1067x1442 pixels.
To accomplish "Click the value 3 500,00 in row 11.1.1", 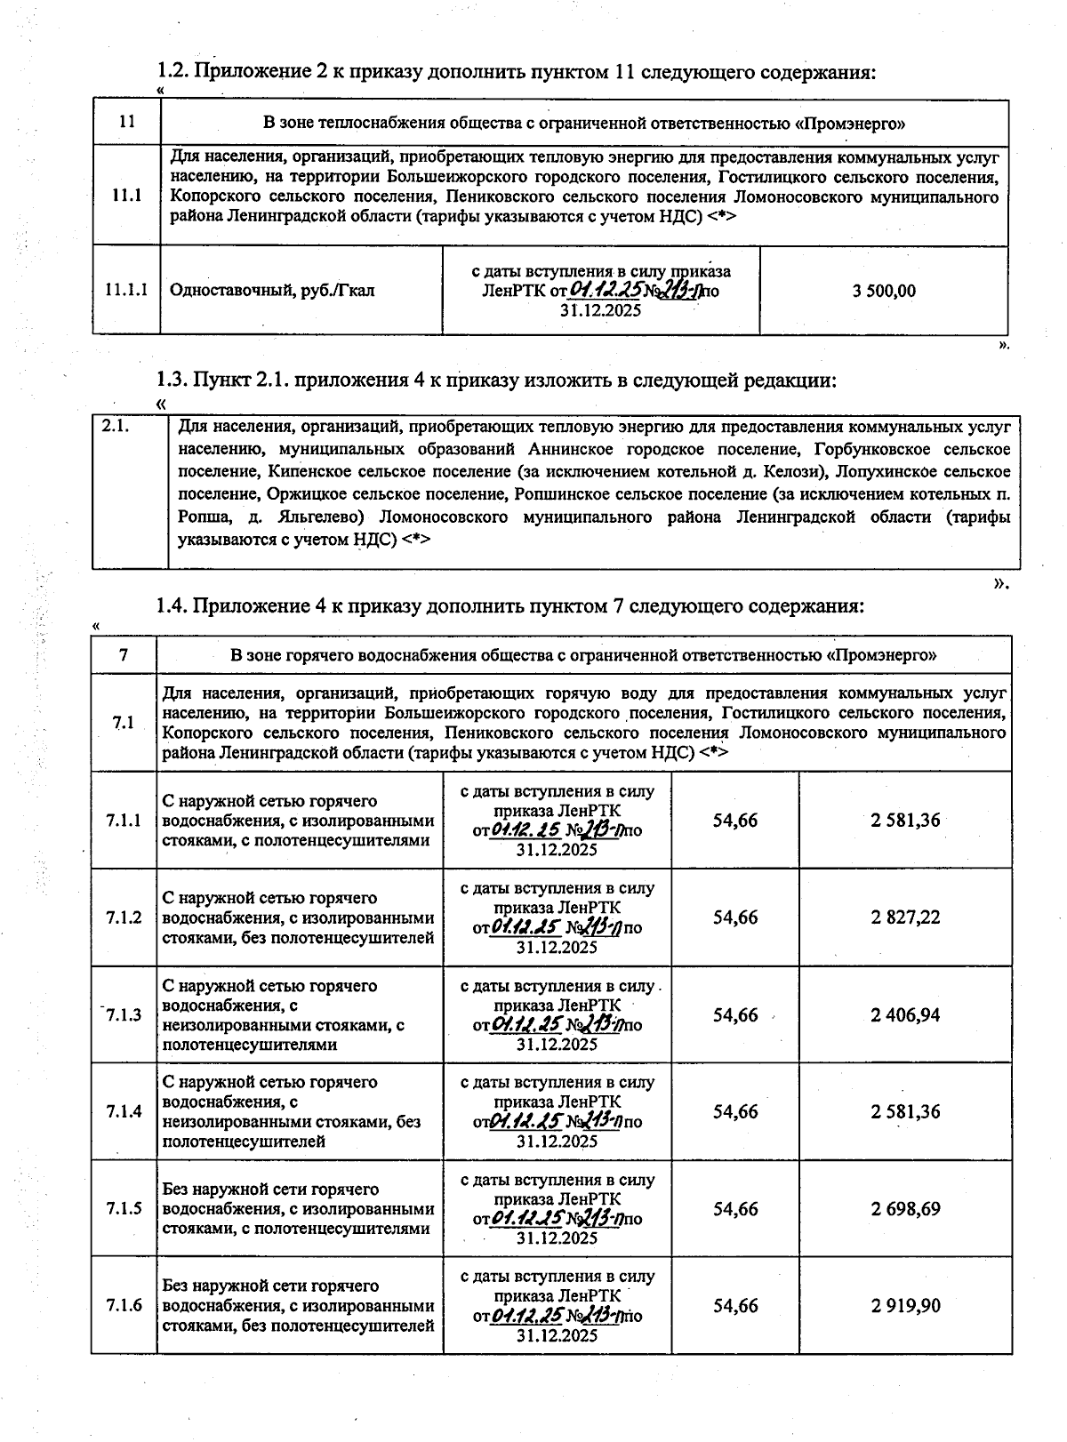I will (x=884, y=291).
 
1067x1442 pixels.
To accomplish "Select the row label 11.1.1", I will (x=126, y=290).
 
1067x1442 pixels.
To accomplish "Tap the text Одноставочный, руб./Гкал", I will (x=272, y=291).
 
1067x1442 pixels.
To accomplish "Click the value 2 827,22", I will (x=905, y=917).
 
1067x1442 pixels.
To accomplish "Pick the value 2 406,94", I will (x=905, y=1015).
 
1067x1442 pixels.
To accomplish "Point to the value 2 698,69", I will (x=905, y=1209).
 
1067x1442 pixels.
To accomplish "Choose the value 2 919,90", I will (x=905, y=1306).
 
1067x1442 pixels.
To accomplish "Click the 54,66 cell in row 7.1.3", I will (x=734, y=1015).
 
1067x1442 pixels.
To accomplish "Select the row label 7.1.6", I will (x=124, y=1306).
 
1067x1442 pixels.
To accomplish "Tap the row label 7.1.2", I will (x=124, y=917).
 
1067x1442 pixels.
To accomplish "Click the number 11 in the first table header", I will (x=126, y=123).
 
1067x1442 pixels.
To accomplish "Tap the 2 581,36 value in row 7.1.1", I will (x=905, y=820).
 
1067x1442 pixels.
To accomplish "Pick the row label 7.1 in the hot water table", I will (x=124, y=722).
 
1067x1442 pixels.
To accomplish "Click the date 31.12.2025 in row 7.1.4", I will (x=557, y=1141).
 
